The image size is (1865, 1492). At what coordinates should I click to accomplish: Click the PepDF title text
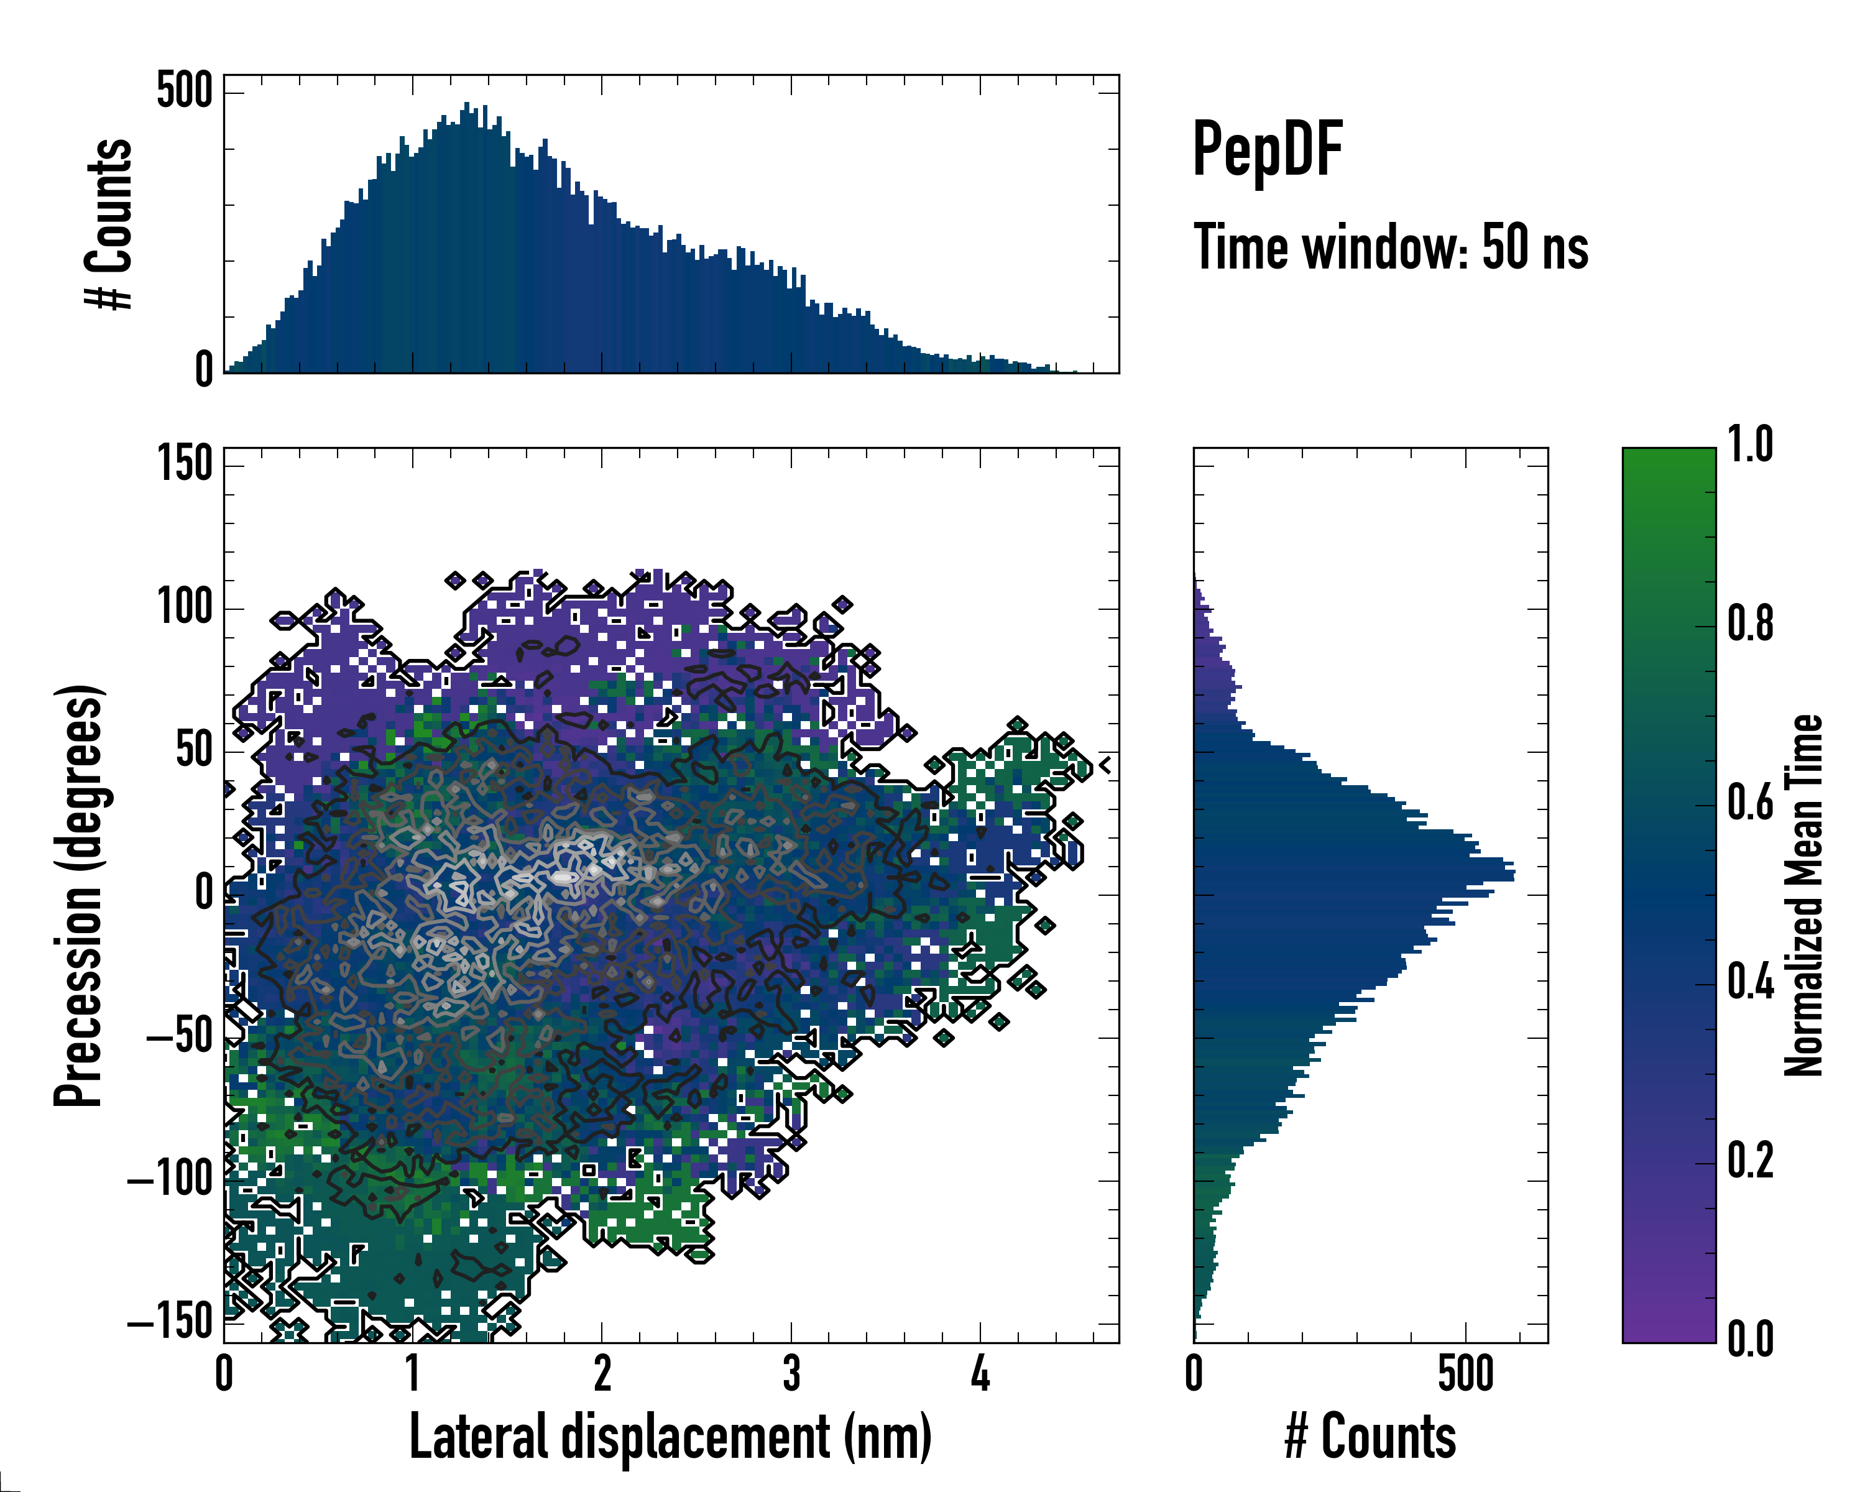coord(1267,149)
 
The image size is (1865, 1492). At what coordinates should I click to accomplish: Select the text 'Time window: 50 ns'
coord(1391,247)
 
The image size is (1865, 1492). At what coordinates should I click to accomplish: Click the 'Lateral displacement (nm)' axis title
coord(670,1437)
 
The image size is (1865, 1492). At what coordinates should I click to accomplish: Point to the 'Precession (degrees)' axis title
coord(80,895)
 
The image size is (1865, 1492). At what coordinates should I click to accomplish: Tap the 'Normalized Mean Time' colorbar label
coord(1803,895)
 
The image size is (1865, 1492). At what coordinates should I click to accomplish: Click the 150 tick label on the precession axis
coord(184,464)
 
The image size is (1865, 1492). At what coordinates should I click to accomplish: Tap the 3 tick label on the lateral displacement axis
coord(791,1373)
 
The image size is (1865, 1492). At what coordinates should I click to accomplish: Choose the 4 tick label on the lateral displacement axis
coord(980,1373)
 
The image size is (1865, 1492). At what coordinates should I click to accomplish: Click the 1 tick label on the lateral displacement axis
coord(413,1373)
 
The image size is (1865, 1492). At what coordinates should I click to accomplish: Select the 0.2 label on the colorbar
coord(1750,1161)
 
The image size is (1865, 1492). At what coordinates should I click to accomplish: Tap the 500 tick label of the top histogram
coord(184,91)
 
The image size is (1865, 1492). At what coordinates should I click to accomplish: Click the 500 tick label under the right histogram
coord(1465,1373)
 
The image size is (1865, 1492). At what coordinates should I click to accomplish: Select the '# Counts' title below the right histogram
coord(1370,1437)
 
